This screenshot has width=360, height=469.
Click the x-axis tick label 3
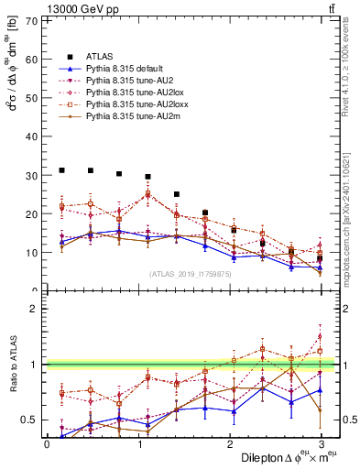click(322, 444)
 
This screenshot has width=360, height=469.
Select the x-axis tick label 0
click(47, 444)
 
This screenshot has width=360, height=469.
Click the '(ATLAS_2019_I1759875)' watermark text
click(191, 274)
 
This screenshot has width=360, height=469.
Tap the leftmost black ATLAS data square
click(61, 170)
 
